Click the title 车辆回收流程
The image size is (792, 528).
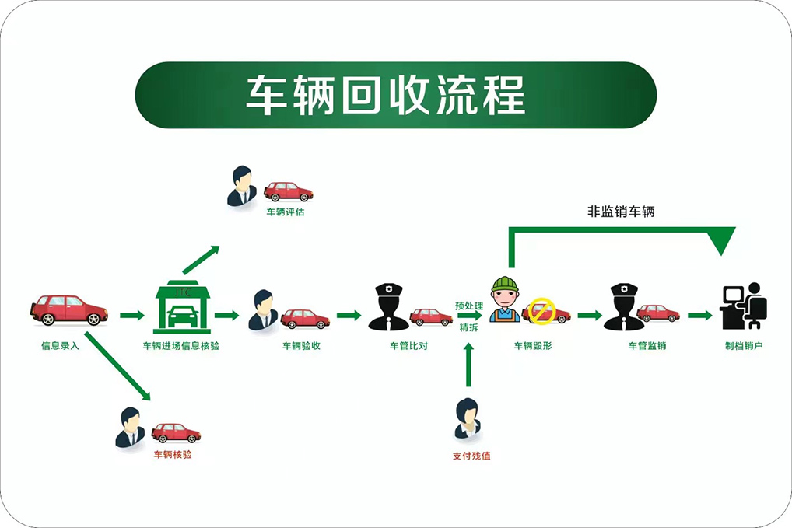click(x=386, y=95)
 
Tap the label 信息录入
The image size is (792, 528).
click(x=60, y=345)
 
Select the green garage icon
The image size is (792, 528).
click(x=182, y=308)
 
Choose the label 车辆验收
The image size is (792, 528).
click(x=302, y=345)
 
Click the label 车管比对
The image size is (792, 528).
click(x=408, y=345)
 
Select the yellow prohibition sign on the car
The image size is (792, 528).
click(x=541, y=313)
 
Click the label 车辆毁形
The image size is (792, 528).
click(x=533, y=345)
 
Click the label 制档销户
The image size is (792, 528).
click(x=744, y=345)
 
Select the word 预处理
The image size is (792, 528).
click(x=469, y=306)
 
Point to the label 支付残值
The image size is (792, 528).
click(x=471, y=456)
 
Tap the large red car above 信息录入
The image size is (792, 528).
click(x=69, y=309)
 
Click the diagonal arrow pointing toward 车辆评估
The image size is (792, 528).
click(x=201, y=260)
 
